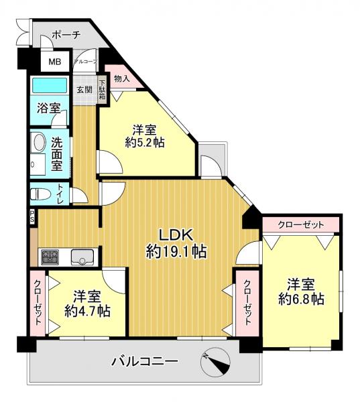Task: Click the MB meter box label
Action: [x=55, y=62]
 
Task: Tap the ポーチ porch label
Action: [x=66, y=35]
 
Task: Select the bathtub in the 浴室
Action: [x=50, y=85]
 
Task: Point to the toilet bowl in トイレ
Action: [x=40, y=194]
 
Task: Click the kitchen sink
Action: [x=82, y=257]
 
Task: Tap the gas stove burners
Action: [x=50, y=257]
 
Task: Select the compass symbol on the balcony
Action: [x=215, y=362]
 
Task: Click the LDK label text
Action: [x=176, y=235]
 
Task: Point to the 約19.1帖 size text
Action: [x=176, y=251]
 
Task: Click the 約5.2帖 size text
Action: [x=145, y=142]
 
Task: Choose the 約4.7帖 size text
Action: [x=87, y=311]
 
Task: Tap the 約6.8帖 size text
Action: [x=301, y=299]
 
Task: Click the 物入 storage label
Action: [x=121, y=78]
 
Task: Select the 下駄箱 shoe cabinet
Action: [x=103, y=90]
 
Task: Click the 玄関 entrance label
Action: [x=84, y=90]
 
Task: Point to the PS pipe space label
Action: [x=33, y=216]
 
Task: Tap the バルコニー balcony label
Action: [x=144, y=362]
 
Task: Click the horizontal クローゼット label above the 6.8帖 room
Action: [x=301, y=225]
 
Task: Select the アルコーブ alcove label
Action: [x=86, y=62]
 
